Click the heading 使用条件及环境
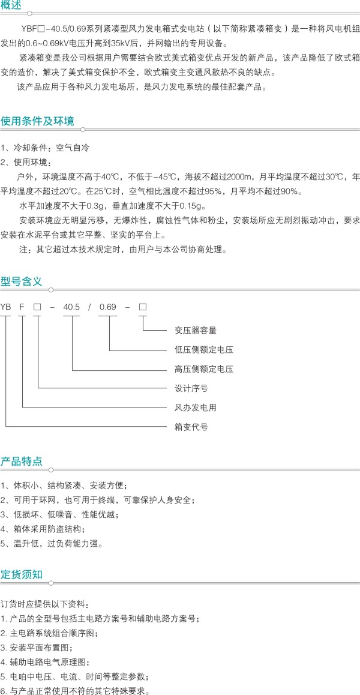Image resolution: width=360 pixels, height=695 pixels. (x=37, y=121)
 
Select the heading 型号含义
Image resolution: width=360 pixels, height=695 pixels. (x=21, y=281)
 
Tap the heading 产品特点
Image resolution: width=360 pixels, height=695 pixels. (x=21, y=460)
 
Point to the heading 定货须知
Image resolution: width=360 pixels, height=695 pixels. (x=21, y=574)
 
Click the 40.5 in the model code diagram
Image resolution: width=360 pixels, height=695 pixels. (x=71, y=306)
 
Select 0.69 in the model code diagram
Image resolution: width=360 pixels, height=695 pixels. (x=108, y=306)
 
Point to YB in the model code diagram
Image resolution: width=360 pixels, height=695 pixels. (x=6, y=306)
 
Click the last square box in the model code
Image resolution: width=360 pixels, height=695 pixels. (x=143, y=306)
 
